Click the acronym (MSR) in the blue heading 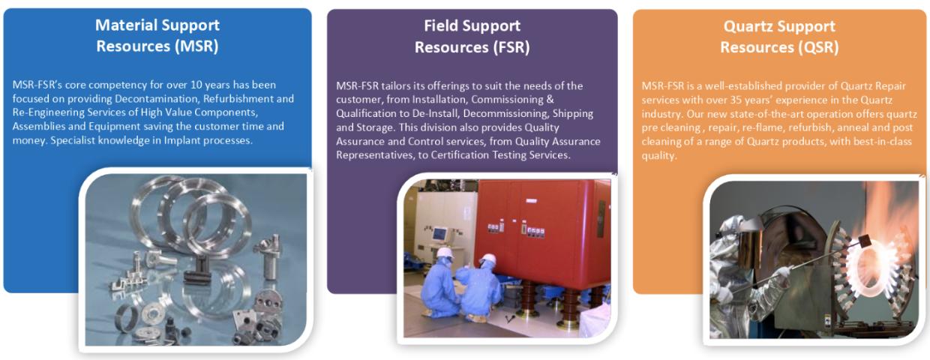pyautogui.click(x=196, y=46)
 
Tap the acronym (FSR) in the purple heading pyautogui.click(x=511, y=47)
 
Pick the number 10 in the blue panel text pyautogui.click(x=196, y=85)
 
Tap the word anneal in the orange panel pyautogui.click(x=862, y=127)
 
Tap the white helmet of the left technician pyautogui.click(x=444, y=253)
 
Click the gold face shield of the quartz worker pyautogui.click(x=751, y=245)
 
